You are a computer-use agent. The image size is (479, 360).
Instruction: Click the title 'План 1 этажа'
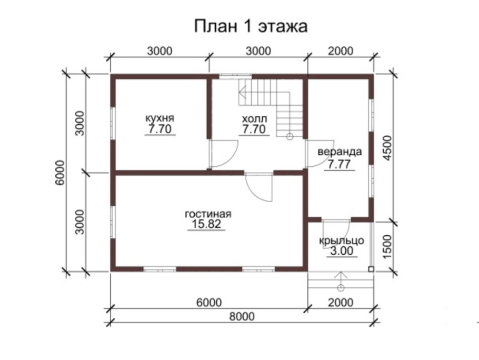click(251, 26)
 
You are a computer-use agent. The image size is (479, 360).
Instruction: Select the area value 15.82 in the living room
click(207, 225)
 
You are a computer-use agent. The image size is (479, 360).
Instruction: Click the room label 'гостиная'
click(208, 214)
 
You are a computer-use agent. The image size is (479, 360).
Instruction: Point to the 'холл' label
click(254, 117)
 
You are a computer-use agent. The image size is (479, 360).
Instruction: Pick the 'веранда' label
click(339, 152)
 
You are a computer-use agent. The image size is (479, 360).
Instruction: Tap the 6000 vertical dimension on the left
click(59, 172)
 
